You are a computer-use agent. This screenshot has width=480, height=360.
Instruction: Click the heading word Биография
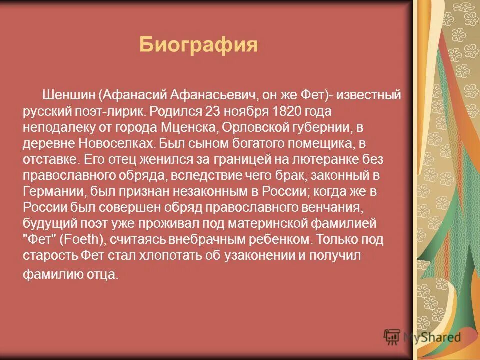coord(198,45)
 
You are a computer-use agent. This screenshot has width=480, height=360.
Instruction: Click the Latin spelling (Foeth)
coord(82,240)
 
